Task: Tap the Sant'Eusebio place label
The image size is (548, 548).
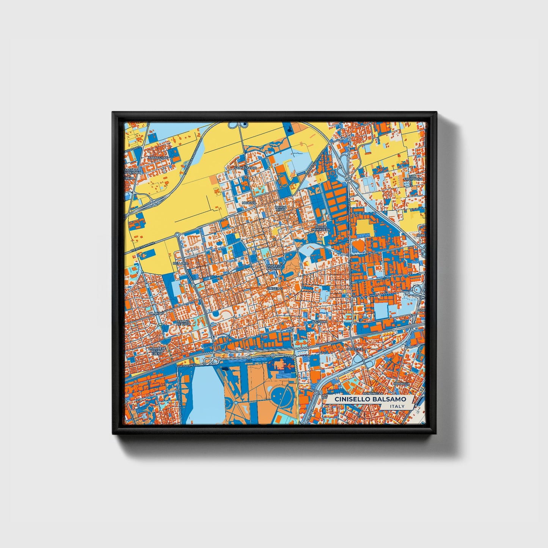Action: click(245, 167)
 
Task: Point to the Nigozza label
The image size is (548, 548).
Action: click(249, 203)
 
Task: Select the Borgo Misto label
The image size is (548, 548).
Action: click(280, 208)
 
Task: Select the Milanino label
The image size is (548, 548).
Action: click(156, 313)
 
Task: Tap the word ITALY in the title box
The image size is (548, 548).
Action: click(397, 407)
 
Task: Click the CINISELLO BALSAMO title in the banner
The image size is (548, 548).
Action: click(370, 399)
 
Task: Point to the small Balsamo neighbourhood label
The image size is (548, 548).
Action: click(319, 322)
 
